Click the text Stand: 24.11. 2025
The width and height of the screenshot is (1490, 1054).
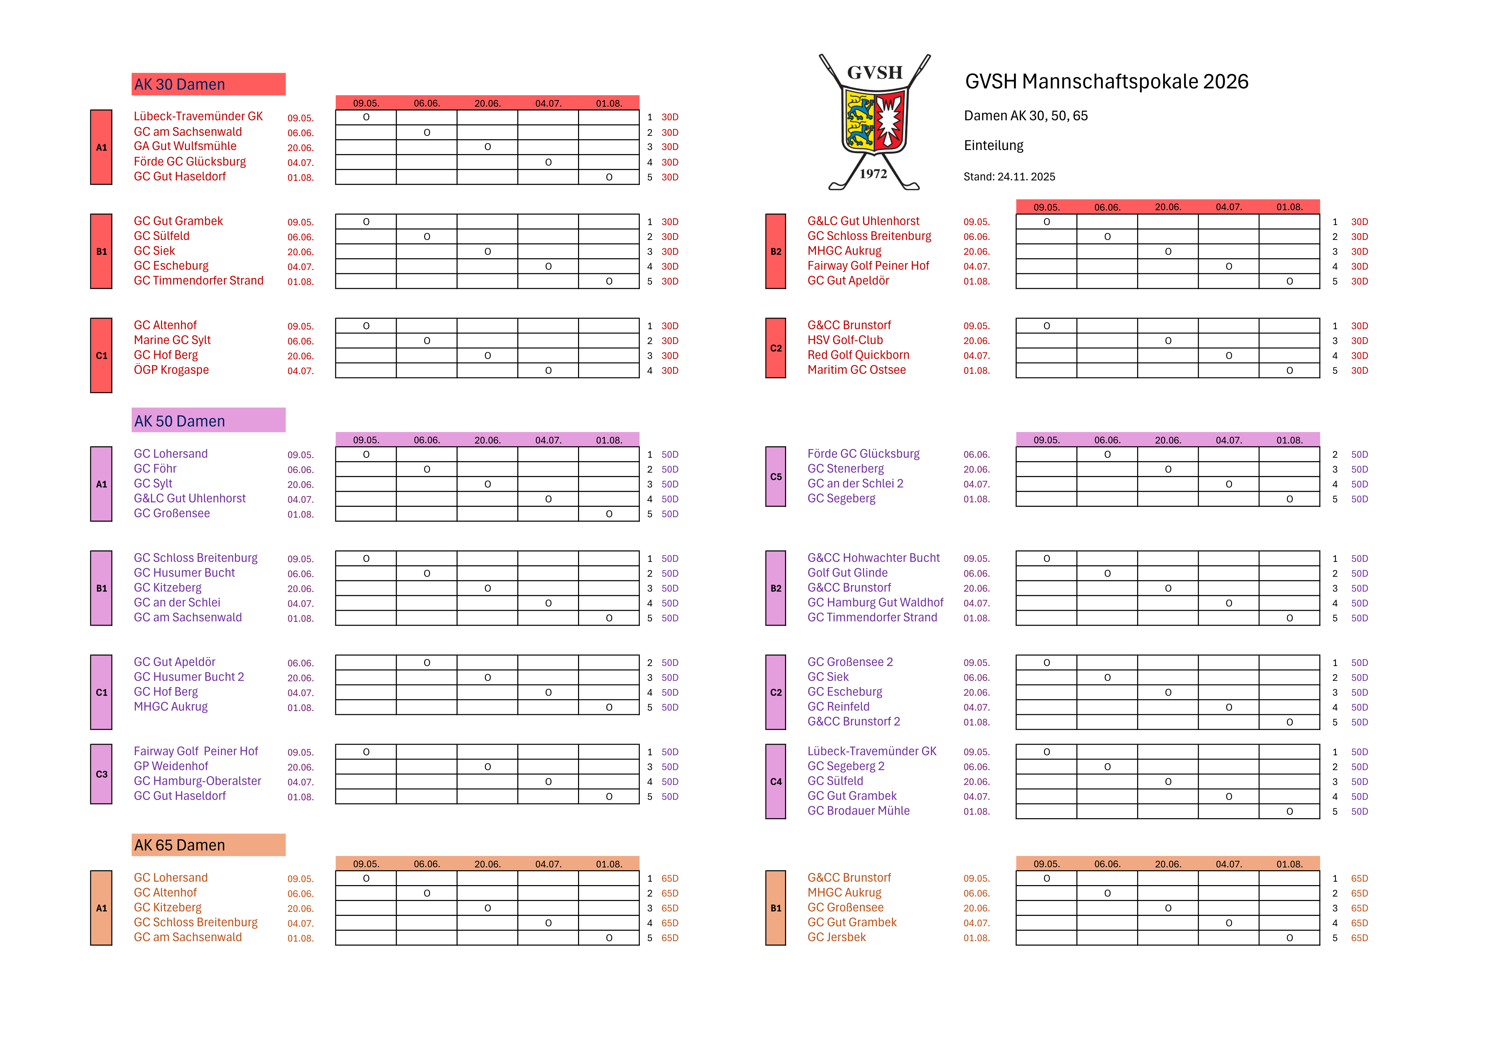click(1009, 177)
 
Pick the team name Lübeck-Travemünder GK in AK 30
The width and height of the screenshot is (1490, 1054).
click(198, 116)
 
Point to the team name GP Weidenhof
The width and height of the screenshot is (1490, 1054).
click(171, 766)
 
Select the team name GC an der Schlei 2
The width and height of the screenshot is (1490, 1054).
click(855, 484)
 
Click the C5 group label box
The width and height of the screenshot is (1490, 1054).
click(776, 477)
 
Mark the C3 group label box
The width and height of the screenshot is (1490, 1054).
click(101, 774)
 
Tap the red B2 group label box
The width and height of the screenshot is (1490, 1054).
click(776, 251)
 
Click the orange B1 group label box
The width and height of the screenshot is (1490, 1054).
click(776, 908)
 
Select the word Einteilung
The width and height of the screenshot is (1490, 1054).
click(993, 146)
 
